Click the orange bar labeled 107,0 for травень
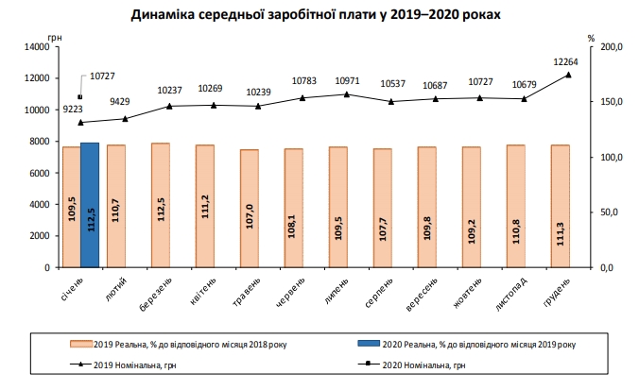tap(249, 208)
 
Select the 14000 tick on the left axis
tap(35, 46)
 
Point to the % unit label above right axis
tap(591, 37)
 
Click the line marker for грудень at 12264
tap(568, 75)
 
